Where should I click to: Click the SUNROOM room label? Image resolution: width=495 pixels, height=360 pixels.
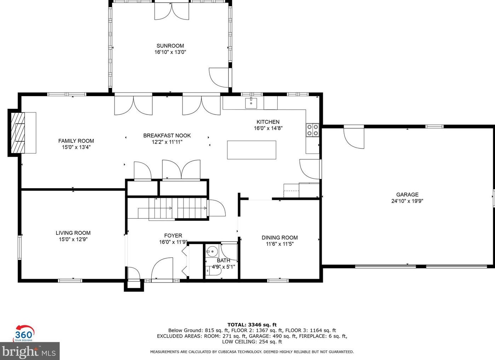[x=170, y=46]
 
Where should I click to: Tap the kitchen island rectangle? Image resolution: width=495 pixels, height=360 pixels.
[x=251, y=150]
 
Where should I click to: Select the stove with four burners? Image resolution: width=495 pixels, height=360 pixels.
[x=313, y=130]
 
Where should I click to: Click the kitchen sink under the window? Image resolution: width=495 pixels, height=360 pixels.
[x=251, y=103]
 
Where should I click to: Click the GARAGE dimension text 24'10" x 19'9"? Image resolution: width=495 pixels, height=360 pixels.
[x=407, y=201]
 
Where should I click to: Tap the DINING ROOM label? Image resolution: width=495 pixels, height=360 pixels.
[x=279, y=238]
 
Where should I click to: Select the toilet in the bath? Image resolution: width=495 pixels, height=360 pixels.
[x=214, y=271]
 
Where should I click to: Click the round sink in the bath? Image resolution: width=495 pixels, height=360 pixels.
[x=212, y=252]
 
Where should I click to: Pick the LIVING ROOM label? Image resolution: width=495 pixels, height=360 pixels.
[x=73, y=233]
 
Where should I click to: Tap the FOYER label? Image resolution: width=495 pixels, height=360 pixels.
[x=173, y=236]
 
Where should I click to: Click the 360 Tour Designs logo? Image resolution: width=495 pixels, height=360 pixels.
[x=24, y=333]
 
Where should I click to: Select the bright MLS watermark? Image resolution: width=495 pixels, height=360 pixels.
[x=29, y=352]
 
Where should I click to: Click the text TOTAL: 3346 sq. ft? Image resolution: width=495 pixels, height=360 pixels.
[x=252, y=325]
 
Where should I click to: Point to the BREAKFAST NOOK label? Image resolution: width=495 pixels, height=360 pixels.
[x=167, y=135]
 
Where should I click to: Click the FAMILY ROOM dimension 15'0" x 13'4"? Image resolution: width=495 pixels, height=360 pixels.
[x=76, y=147]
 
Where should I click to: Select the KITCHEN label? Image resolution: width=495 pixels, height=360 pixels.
[x=268, y=122]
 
